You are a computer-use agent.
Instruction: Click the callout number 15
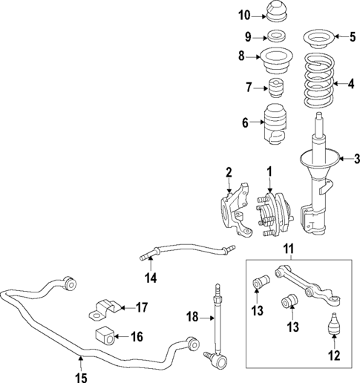coord(81,376)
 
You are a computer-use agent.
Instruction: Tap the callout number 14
coord(151,278)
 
